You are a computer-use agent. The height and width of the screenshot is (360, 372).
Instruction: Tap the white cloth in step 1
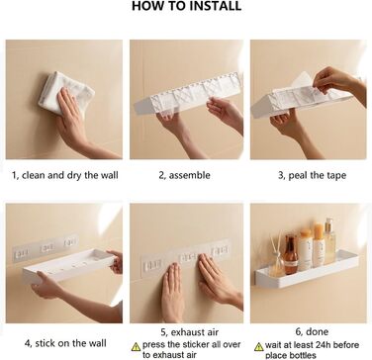pos(66,93)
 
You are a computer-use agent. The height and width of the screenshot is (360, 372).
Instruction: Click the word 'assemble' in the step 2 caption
pos(189,175)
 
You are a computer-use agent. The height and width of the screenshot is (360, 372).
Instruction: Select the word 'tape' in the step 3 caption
pos(335,176)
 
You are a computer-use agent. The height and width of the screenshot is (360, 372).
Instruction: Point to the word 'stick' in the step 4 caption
pos(45,343)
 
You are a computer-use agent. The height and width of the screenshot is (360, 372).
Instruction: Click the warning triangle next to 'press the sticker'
pos(136,346)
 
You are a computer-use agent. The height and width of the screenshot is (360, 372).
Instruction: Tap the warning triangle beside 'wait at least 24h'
pos(259,346)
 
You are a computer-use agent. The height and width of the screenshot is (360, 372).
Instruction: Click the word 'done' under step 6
pos(317,331)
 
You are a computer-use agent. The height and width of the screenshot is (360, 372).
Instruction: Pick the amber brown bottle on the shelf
pos(291,254)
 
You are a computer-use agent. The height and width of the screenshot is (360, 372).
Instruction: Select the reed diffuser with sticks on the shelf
pos(276,256)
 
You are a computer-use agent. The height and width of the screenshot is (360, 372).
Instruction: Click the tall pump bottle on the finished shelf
pos(329,240)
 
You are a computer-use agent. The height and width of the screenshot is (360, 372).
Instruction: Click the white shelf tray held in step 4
pos(68,265)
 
